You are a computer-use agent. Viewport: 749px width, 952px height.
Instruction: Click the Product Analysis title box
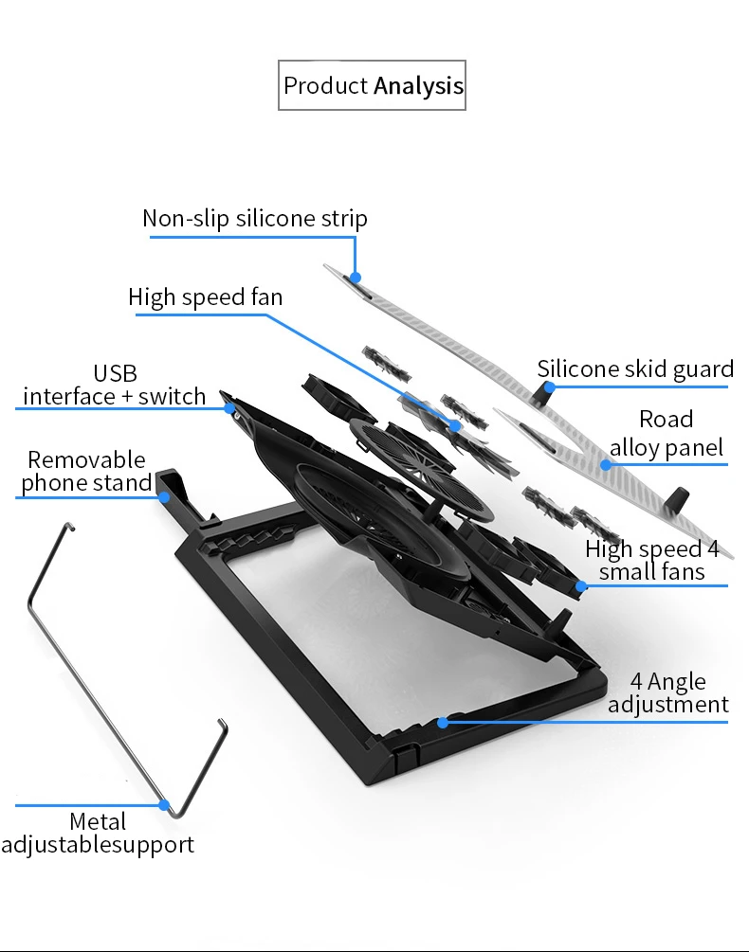[372, 85]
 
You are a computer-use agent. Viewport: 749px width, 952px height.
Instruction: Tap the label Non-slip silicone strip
[254, 219]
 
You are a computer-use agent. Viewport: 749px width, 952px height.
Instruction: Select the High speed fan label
[206, 297]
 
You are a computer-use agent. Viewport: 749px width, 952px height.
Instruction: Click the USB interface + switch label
[114, 385]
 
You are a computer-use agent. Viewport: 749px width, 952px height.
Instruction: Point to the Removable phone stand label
[86, 471]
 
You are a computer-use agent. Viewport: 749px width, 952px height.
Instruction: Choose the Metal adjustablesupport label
[98, 833]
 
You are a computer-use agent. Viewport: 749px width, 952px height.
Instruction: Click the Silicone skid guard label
[635, 369]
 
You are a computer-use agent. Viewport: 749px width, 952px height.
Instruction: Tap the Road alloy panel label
[667, 434]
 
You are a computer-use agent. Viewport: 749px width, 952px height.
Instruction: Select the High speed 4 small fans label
[651, 560]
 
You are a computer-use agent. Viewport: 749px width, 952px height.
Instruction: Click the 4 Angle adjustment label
[668, 692]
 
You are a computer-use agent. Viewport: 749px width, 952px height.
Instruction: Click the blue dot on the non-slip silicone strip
[356, 278]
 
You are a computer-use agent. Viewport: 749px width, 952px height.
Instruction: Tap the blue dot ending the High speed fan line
[455, 425]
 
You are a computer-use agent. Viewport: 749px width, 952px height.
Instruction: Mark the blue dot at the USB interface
[229, 408]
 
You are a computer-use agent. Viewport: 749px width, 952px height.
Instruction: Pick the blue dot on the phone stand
[164, 497]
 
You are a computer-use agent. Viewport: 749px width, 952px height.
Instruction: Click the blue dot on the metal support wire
[164, 805]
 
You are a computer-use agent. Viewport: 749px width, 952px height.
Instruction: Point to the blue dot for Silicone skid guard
[550, 386]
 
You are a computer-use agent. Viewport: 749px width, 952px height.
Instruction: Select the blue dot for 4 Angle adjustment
[443, 723]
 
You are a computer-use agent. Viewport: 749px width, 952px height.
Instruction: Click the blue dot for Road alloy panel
[606, 465]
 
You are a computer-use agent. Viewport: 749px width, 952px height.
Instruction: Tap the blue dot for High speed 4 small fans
[581, 586]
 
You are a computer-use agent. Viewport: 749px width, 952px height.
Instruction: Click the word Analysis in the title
[418, 86]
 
